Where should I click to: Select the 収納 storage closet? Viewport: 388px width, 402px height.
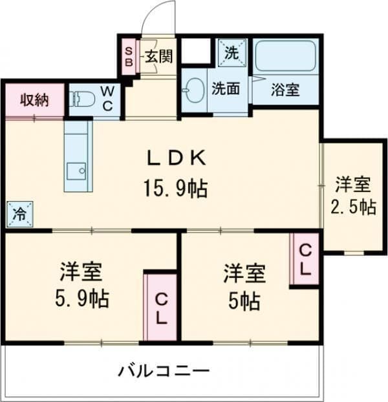[34, 100]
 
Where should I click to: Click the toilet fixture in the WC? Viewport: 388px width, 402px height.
[83, 100]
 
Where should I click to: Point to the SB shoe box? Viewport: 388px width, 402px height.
[129, 56]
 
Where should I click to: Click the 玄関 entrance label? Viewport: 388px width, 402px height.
[158, 56]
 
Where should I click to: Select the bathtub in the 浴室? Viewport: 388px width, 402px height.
[284, 57]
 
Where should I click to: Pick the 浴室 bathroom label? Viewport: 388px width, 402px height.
[285, 90]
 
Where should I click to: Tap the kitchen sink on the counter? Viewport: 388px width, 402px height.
[78, 171]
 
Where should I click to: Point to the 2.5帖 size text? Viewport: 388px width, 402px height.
[352, 207]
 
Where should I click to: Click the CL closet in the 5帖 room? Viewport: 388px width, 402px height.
[305, 259]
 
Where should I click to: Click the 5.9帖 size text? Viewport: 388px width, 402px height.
[81, 298]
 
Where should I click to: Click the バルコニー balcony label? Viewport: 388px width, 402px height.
[163, 371]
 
